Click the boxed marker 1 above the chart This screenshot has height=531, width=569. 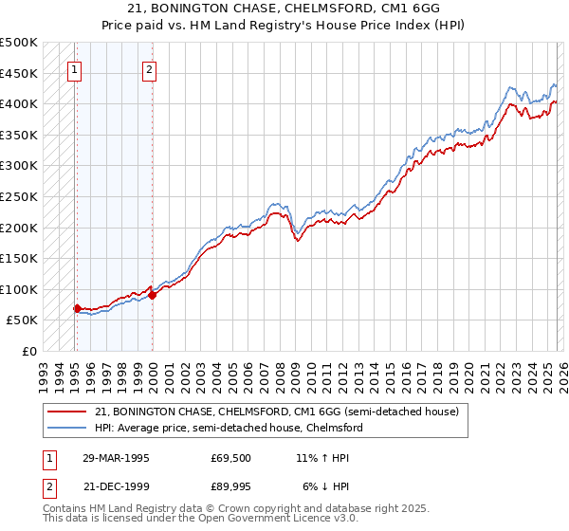75,68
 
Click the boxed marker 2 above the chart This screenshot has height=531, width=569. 150,68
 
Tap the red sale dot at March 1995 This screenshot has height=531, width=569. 77,308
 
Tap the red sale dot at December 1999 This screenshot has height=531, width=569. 152,295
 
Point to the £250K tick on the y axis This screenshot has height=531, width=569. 19,196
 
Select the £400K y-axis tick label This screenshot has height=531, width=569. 19,103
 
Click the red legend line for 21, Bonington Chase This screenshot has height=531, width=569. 69,412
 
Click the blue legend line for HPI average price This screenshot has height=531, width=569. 69,428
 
